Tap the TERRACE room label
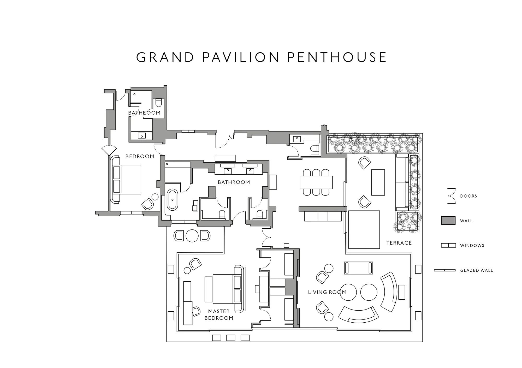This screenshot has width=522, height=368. click(x=399, y=243)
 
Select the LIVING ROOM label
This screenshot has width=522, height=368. click(x=327, y=292)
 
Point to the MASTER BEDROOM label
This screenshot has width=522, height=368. click(x=219, y=314)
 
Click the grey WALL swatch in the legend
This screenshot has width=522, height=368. click(x=448, y=221)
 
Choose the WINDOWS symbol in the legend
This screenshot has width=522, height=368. click(x=448, y=245)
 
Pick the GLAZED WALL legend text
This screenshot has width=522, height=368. click(x=477, y=270)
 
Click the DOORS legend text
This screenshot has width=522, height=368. click(x=468, y=196)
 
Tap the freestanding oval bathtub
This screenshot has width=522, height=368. click(x=172, y=200)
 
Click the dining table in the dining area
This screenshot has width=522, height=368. click(x=316, y=182)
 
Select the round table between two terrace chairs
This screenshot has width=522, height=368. click(x=192, y=236)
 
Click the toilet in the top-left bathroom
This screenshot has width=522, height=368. click(x=158, y=103)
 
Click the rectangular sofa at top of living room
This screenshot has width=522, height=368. click(x=358, y=268)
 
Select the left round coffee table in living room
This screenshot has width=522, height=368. click(x=348, y=292)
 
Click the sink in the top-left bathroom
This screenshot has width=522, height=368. click(x=142, y=136)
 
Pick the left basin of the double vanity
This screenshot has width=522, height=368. click(x=228, y=171)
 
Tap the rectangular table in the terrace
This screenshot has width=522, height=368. click(x=378, y=182)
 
